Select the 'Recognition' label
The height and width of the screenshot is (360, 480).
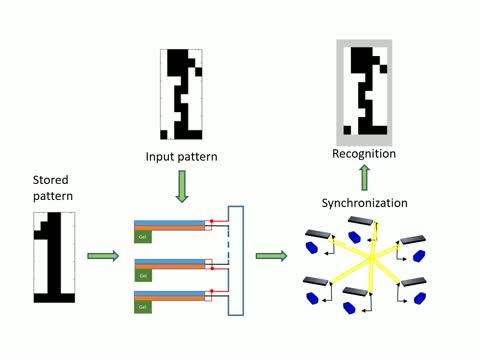(364, 154)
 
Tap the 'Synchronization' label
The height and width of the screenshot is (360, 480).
(364, 203)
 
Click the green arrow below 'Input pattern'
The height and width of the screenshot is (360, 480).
(181, 185)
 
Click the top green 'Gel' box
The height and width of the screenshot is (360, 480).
(144, 236)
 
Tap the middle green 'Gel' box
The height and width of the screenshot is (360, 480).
(144, 274)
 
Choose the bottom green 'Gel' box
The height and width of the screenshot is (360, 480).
(144, 305)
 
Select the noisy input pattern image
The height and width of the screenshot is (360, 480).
(181, 93)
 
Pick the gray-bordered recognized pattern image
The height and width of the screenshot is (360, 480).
(364, 89)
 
